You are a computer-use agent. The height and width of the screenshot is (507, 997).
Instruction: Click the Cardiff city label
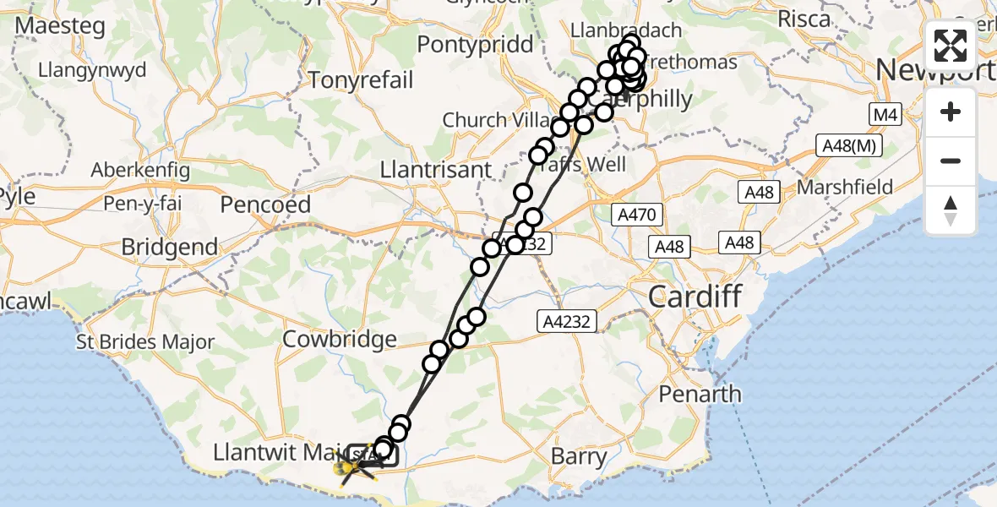click(x=695, y=297)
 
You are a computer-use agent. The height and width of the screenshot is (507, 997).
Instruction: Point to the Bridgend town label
click(x=169, y=248)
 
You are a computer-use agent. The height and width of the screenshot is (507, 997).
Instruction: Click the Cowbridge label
click(x=340, y=340)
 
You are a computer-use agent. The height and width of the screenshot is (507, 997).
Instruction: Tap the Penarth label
click(x=700, y=395)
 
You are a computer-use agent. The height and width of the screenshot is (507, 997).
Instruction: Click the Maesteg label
click(x=60, y=26)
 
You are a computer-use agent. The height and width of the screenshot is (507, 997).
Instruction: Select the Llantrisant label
click(x=436, y=169)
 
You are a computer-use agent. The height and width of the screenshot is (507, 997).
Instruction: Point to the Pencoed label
click(x=266, y=204)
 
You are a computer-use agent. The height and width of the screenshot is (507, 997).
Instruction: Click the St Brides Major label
click(x=133, y=343)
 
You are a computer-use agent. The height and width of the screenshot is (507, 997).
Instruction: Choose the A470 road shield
click(x=636, y=215)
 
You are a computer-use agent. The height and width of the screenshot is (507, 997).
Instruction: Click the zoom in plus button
click(x=951, y=112)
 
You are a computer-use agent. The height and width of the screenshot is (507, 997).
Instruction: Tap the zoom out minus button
click(x=951, y=161)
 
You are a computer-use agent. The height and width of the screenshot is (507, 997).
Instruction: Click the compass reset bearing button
click(x=951, y=210)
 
